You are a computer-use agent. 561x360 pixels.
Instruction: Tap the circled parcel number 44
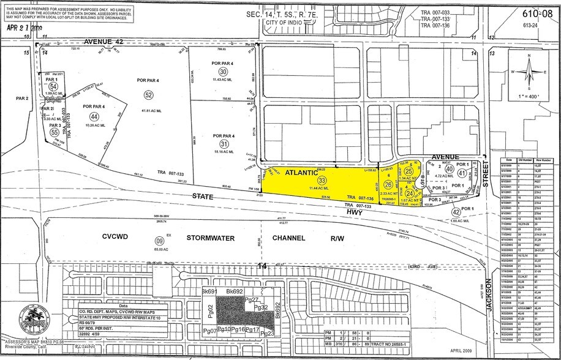94,116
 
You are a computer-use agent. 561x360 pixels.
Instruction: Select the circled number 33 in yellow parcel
322,179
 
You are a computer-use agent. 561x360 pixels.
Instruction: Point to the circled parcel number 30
224,72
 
